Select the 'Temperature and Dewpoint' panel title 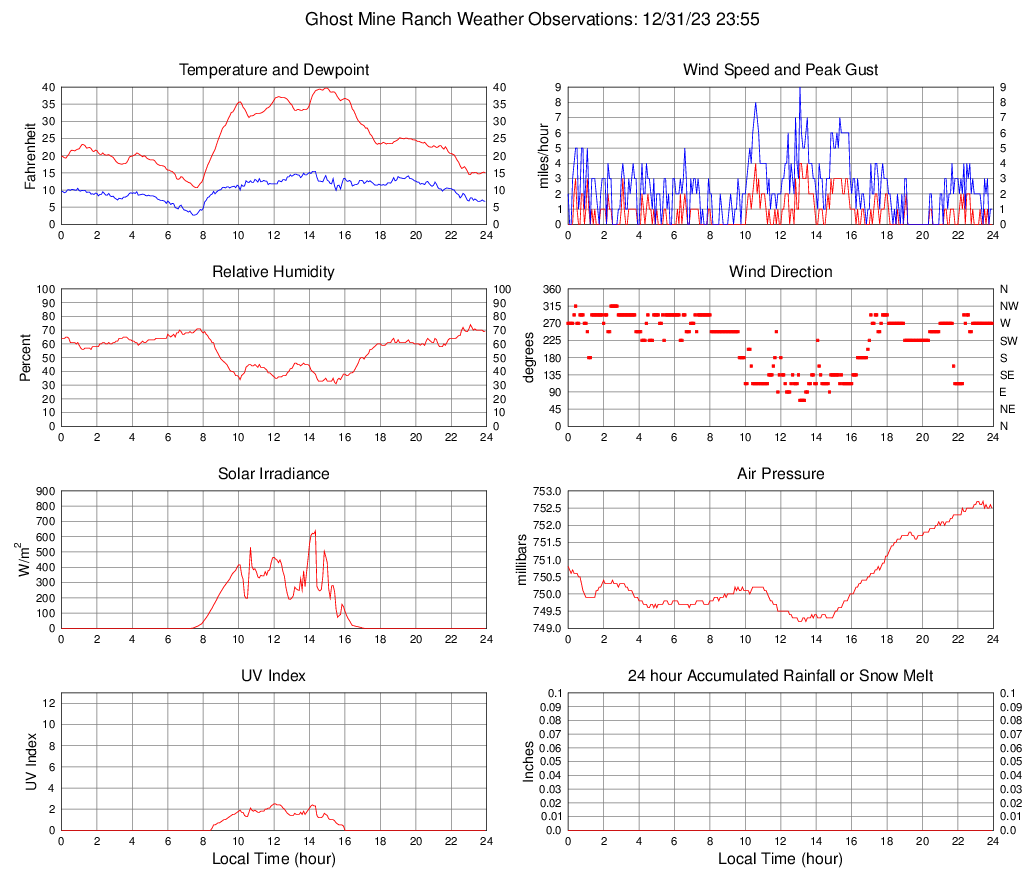point(273,70)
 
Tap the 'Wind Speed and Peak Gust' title point(780,70)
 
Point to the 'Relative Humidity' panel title point(273,272)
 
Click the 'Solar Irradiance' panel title point(273,474)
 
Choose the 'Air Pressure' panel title point(780,474)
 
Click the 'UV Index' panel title point(273,676)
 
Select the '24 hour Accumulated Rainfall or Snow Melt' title point(780,676)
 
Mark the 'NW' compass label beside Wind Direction point(1009,306)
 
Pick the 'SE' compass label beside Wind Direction point(1008,375)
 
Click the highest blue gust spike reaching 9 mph point(799,89)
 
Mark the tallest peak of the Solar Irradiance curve point(315,531)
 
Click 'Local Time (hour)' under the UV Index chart point(273,859)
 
